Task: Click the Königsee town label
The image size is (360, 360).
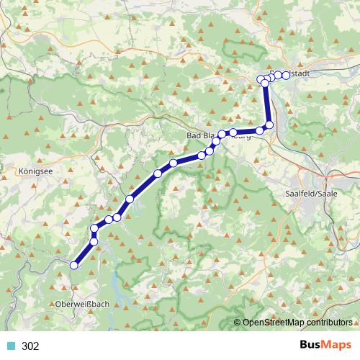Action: [31, 173]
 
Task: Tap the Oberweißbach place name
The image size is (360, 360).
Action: [82, 305]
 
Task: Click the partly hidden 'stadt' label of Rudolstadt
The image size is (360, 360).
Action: [300, 73]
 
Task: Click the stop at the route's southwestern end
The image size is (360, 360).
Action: [73, 266]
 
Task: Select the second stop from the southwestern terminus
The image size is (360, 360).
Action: [94, 242]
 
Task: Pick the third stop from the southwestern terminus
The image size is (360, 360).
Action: [94, 229]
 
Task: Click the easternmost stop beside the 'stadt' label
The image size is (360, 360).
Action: [286, 75]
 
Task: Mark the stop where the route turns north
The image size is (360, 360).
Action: [270, 125]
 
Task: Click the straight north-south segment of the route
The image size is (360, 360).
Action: [267, 104]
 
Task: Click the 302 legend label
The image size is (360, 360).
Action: [30, 346]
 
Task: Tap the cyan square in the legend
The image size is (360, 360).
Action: [11, 346]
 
